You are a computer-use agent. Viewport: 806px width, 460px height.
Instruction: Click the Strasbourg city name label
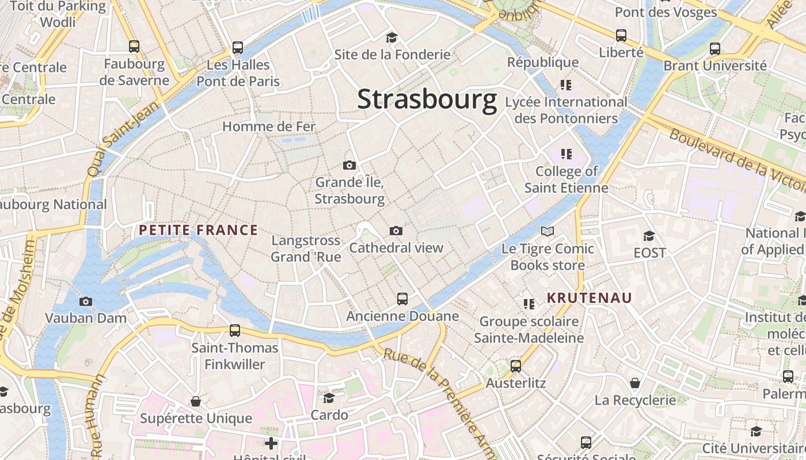coord(427,99)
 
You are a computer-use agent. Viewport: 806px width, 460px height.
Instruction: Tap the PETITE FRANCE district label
coord(198,231)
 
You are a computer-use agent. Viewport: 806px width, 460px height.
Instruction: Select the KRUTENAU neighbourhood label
coord(589,298)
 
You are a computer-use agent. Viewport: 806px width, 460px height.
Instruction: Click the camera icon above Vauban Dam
coord(85,301)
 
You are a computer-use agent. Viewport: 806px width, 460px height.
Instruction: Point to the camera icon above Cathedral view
coord(396,231)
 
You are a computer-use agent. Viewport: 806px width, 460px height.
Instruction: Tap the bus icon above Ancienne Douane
coord(402,299)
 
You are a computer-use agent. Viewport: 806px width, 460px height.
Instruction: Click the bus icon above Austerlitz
coord(515,366)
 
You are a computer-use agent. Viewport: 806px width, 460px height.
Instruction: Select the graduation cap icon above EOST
coord(649,236)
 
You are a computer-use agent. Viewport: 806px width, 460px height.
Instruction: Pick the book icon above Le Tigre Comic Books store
coord(547,232)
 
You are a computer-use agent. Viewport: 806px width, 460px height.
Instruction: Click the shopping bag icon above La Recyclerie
coord(635,383)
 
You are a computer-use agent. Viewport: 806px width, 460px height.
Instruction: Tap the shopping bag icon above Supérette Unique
coord(196,401)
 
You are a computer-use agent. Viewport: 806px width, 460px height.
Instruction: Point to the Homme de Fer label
coord(269,126)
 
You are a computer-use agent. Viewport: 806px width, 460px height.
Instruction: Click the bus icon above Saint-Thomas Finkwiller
coord(234,331)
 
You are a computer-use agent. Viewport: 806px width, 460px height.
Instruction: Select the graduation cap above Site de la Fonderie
coord(391,38)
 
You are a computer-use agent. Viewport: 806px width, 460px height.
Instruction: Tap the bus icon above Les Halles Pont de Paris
coord(237,48)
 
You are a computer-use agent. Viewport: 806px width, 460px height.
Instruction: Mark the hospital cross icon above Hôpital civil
coord(271,443)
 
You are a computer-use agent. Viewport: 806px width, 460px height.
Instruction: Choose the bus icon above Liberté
coord(621,36)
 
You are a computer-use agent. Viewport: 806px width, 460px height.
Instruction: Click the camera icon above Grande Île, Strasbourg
coord(349,166)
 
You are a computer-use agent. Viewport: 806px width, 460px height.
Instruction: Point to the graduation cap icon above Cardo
coord(329,398)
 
